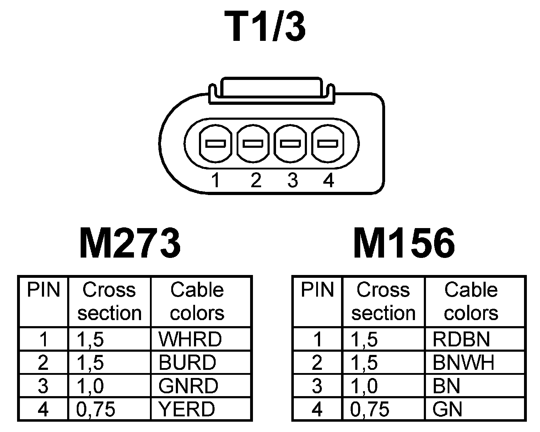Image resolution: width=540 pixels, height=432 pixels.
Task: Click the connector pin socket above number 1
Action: (216, 144)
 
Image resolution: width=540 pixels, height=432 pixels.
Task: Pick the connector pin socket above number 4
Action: (328, 144)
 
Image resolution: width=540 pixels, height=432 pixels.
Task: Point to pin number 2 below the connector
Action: (255, 180)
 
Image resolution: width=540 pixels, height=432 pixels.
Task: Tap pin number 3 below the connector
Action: (292, 180)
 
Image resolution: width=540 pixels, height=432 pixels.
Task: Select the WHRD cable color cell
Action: (190, 339)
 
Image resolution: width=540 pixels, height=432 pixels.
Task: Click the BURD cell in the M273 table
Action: (187, 363)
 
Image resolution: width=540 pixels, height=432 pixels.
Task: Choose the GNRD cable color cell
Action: (188, 386)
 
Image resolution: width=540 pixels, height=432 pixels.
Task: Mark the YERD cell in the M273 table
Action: (187, 409)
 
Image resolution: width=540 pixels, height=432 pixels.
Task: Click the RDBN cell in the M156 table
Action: (461, 339)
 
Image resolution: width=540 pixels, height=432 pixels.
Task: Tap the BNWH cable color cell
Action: (464, 363)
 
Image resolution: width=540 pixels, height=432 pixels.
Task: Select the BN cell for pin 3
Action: (447, 386)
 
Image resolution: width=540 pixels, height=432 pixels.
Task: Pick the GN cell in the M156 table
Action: (447, 409)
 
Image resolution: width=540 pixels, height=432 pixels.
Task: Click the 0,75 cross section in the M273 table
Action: (96, 409)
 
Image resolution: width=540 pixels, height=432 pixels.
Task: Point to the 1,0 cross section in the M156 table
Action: (364, 386)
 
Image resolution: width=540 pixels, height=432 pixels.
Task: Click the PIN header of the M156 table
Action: (317, 290)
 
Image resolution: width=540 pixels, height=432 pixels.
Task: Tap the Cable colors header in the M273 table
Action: (197, 302)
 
